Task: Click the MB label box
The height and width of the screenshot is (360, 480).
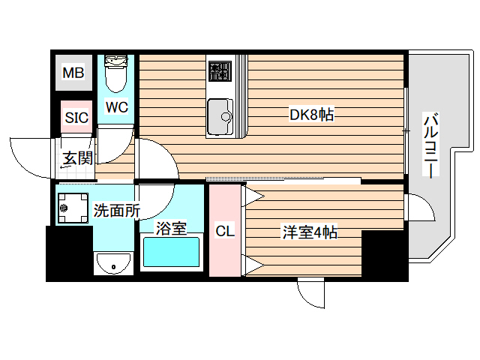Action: tap(73, 73)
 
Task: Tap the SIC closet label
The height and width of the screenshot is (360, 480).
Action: tap(76, 117)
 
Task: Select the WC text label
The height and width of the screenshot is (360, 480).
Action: tap(116, 107)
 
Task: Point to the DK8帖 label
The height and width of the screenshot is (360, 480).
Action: tap(311, 115)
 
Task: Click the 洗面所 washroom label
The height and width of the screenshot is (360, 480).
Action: tap(116, 211)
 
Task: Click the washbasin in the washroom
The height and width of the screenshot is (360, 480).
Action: tap(113, 264)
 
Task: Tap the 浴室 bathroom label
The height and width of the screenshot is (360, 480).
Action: tap(171, 229)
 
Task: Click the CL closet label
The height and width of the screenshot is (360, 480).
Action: tap(225, 232)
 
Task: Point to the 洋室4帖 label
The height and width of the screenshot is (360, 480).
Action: tap(309, 232)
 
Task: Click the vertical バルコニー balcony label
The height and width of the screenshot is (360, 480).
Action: tap(431, 146)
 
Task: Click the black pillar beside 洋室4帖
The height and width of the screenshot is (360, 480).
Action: tap(384, 255)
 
